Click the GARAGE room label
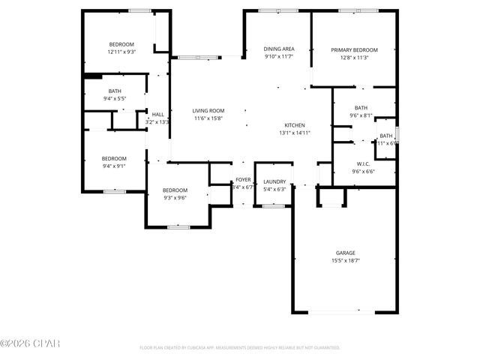tap(345, 253)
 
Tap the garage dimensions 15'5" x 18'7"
tap(345, 260)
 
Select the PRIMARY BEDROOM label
tap(354, 50)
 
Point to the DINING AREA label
tap(278, 49)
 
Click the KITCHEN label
tap(294, 125)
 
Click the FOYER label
tap(243, 180)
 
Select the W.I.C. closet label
tap(363, 163)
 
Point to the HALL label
tap(157, 115)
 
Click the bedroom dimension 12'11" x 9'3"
tap(121, 52)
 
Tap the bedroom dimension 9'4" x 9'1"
tap(114, 166)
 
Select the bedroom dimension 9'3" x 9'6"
tap(175, 198)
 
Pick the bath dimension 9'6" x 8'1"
tap(361, 115)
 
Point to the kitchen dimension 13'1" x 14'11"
tap(294, 133)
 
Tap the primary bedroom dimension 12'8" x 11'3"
tap(354, 58)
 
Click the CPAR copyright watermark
tap(30, 343)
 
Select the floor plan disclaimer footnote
tap(240, 348)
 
